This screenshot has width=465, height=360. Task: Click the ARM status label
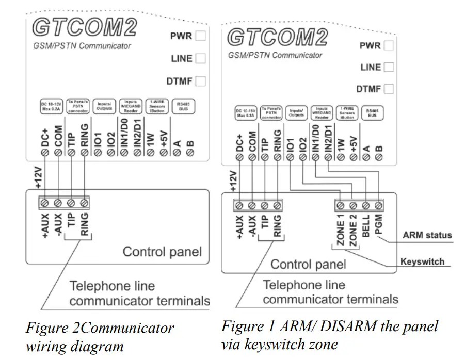click(x=427, y=235)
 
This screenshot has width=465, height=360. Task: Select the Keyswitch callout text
click(x=422, y=261)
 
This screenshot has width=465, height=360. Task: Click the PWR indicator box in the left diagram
click(x=201, y=36)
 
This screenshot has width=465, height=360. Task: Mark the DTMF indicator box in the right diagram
click(x=389, y=89)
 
